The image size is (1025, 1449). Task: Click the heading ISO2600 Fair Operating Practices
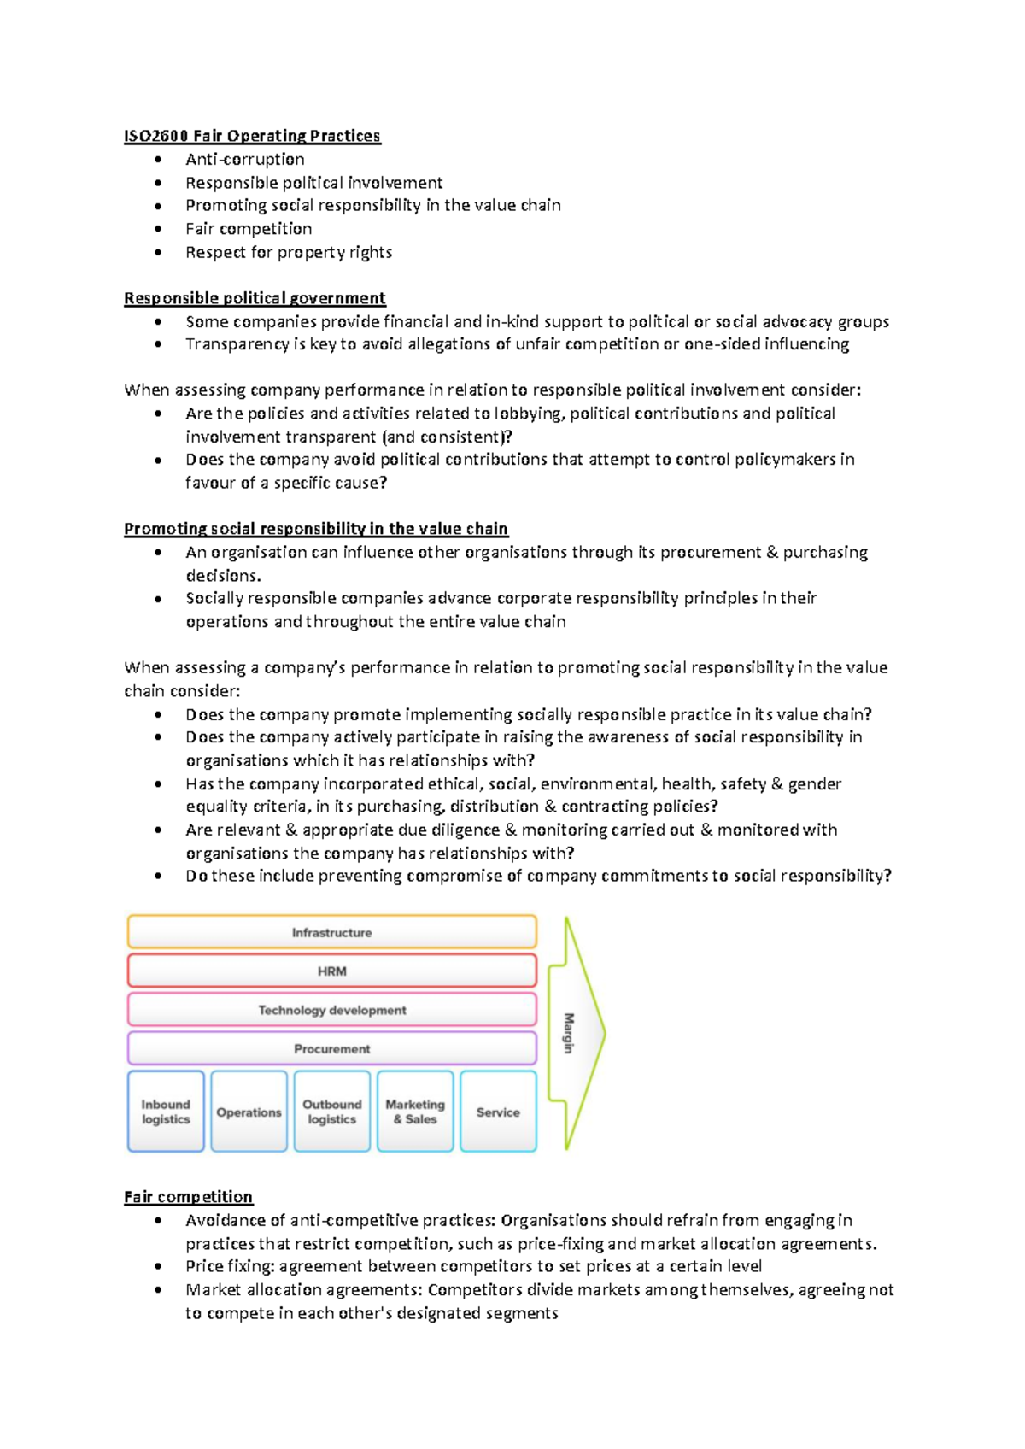pyautogui.click(x=252, y=136)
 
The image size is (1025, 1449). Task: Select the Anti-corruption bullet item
pyautogui.click(x=244, y=159)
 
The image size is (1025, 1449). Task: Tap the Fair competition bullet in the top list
pyautogui.click(x=249, y=229)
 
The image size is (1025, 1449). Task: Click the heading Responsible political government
pyautogui.click(x=255, y=298)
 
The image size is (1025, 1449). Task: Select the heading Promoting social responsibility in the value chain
pyautogui.click(x=316, y=529)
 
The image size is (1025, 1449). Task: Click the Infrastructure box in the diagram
pyautogui.click(x=331, y=932)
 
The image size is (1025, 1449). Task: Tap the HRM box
pyautogui.click(x=331, y=971)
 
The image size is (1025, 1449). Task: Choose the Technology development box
pyautogui.click(x=331, y=1010)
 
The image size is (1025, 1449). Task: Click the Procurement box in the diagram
pyautogui.click(x=331, y=1048)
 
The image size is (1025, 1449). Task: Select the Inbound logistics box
pyautogui.click(x=166, y=1112)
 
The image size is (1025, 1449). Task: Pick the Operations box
pyautogui.click(x=249, y=1112)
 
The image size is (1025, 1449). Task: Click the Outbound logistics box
pyautogui.click(x=331, y=1112)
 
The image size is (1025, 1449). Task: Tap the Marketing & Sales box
pyautogui.click(x=415, y=1112)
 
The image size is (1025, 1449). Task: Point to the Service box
pyautogui.click(x=498, y=1112)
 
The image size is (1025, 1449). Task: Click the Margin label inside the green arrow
pyautogui.click(x=569, y=1033)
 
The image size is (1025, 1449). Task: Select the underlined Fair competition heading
pyautogui.click(x=188, y=1197)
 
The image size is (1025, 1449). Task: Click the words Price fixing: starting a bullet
pyautogui.click(x=230, y=1266)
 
